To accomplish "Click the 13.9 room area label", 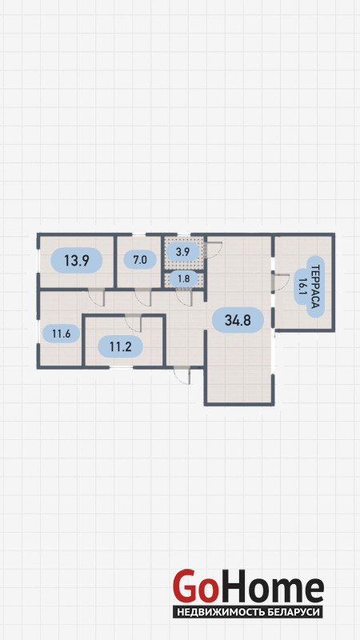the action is [76, 260].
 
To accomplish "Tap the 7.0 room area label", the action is [139, 258].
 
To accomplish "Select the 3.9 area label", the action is [182, 252].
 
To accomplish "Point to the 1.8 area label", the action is [184, 279].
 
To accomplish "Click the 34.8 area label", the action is [238, 320].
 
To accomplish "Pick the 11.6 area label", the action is [62, 334].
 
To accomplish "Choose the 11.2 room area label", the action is [120, 346].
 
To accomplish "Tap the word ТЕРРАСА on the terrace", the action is [315, 286].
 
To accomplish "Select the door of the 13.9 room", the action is [97, 297].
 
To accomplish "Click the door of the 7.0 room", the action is [143, 297].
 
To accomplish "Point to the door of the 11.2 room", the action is [134, 323].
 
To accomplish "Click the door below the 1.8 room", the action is [185, 297].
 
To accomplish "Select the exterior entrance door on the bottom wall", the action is [182, 375].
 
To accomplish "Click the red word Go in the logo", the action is [193, 586].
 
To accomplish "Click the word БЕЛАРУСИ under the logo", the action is [294, 613].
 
